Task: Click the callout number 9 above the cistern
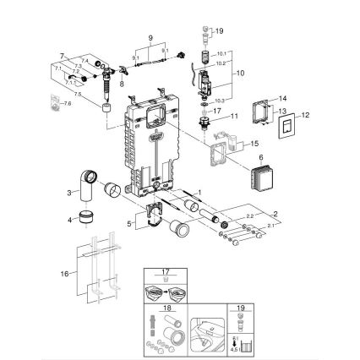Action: [x=150, y=38]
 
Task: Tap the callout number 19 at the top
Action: [x=220, y=30]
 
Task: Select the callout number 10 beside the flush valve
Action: [x=241, y=74]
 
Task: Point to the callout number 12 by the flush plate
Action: [x=306, y=116]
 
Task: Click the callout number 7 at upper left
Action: [x=62, y=56]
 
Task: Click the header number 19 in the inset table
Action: [x=240, y=309]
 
